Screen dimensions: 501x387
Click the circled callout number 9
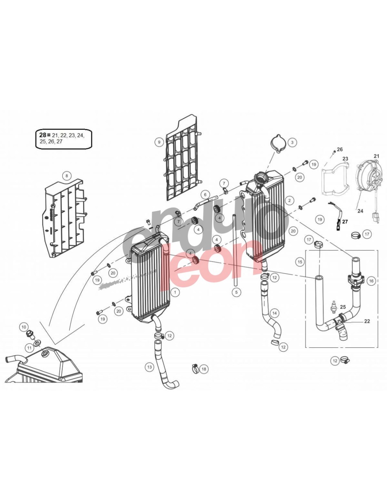click(159, 142)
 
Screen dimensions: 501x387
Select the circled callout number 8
click(66, 176)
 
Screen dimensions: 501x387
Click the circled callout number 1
click(175, 292)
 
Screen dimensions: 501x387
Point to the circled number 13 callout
click(150, 367)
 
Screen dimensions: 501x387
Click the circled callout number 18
click(204, 369)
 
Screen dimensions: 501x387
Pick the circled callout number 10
click(24, 327)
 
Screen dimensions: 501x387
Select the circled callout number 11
click(29, 348)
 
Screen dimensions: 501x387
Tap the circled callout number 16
click(371, 281)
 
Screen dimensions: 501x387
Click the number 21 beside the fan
click(376, 156)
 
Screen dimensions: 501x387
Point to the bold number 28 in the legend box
click(43, 135)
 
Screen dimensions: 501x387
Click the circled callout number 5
click(236, 292)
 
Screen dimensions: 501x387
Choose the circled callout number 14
click(274, 313)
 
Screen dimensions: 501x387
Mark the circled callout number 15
click(300, 262)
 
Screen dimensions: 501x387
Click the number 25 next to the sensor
click(343, 307)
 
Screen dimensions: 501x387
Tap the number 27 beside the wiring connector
click(345, 222)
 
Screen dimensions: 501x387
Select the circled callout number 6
click(205, 194)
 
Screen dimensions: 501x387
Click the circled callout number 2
click(290, 200)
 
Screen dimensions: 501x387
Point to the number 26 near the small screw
click(340, 149)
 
